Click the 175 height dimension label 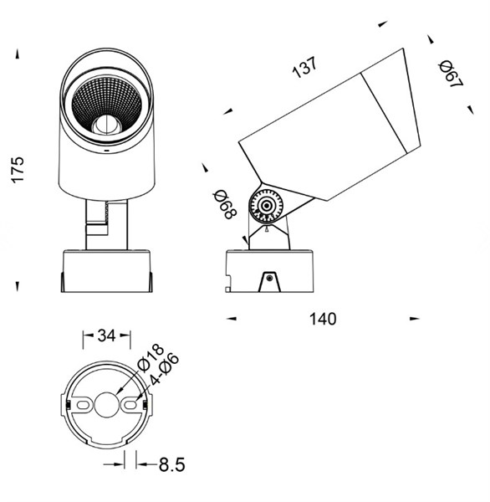tap(18, 170)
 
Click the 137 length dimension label tap(305, 67)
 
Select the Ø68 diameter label tap(225, 205)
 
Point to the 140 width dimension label tap(323, 320)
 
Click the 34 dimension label tap(106, 336)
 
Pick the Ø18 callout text tap(151, 358)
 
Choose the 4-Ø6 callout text tap(164, 369)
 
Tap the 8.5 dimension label tap(172, 465)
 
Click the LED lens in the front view tap(107, 125)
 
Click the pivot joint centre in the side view tap(266, 206)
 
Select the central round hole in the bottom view tap(106, 405)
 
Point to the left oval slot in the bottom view tap(83, 405)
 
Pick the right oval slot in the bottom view tap(130, 405)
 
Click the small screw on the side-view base tap(269, 278)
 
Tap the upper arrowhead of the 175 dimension tap(18, 54)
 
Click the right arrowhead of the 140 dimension tap(414, 319)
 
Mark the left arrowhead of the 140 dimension tap(231, 319)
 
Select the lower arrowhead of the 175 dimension tap(18, 286)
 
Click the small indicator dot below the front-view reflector tap(107, 150)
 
